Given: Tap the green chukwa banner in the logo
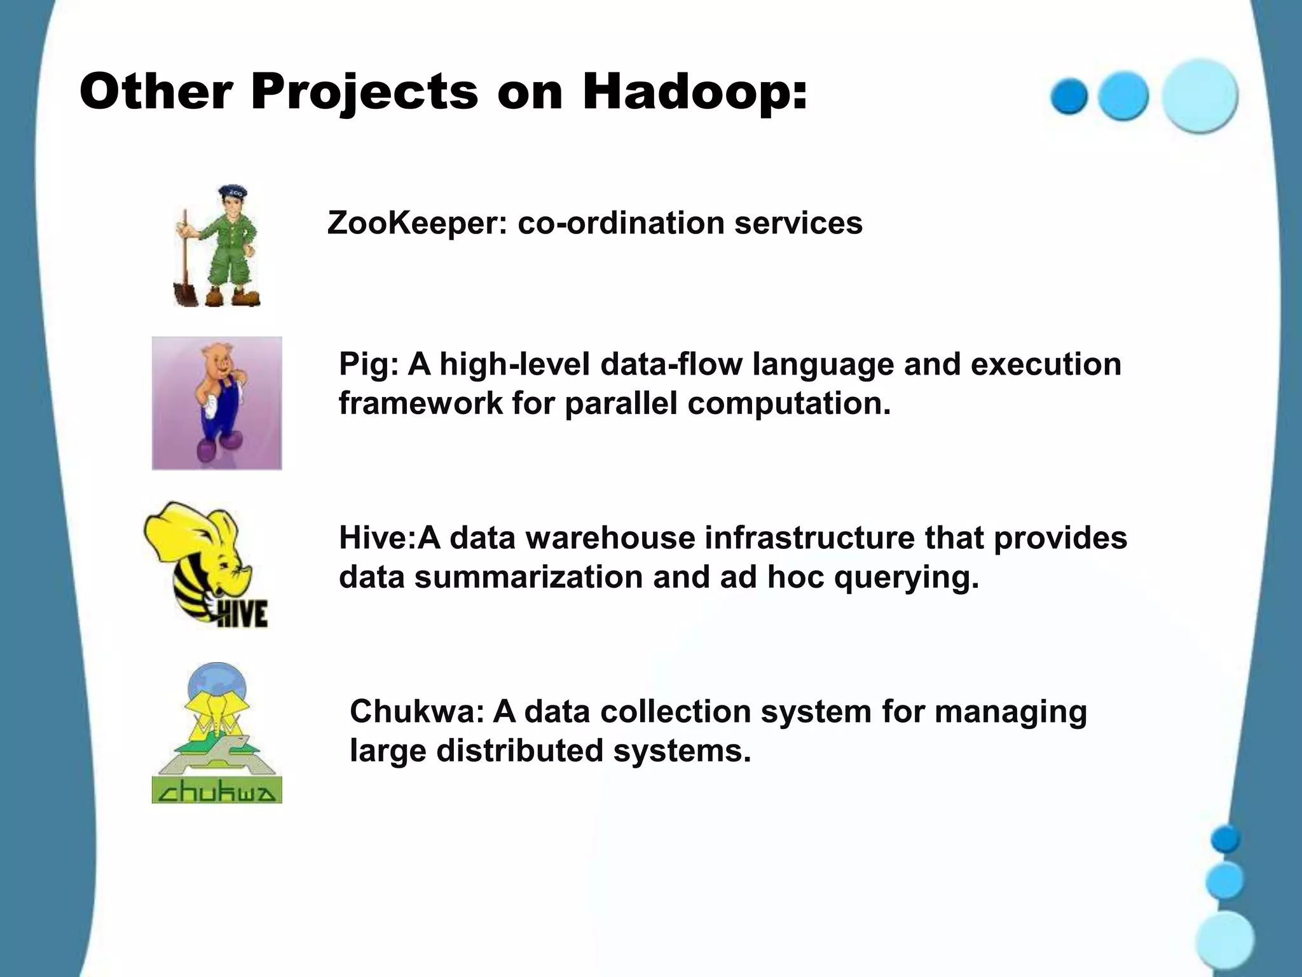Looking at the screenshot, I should tap(217, 790).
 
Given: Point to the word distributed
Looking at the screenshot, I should tap(519, 751).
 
